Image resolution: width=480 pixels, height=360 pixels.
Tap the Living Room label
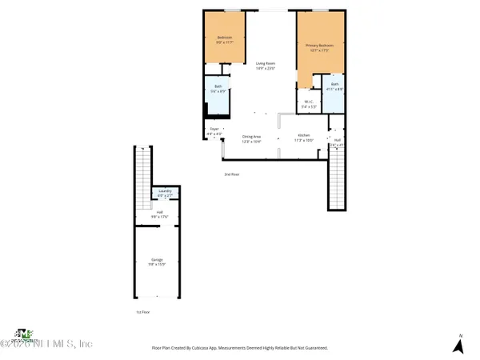[266, 65]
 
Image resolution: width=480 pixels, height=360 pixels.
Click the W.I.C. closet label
[309, 103]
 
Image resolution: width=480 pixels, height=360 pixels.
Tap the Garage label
[157, 262]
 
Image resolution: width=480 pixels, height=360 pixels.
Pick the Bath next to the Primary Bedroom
[335, 86]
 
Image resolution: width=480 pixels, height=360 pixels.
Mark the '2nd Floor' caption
[232, 174]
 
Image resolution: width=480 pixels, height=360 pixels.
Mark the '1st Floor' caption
[142, 312]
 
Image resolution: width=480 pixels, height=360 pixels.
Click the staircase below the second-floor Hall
[337, 180]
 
